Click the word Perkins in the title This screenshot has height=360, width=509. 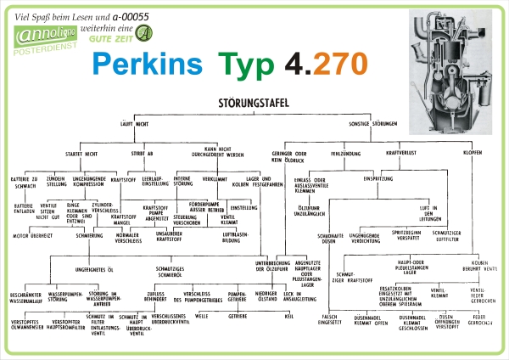pos(146,64)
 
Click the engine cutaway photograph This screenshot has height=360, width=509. pos(453,70)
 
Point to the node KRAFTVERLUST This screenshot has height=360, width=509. pos(403,154)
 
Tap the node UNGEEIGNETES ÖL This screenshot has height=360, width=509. pos(95,268)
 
